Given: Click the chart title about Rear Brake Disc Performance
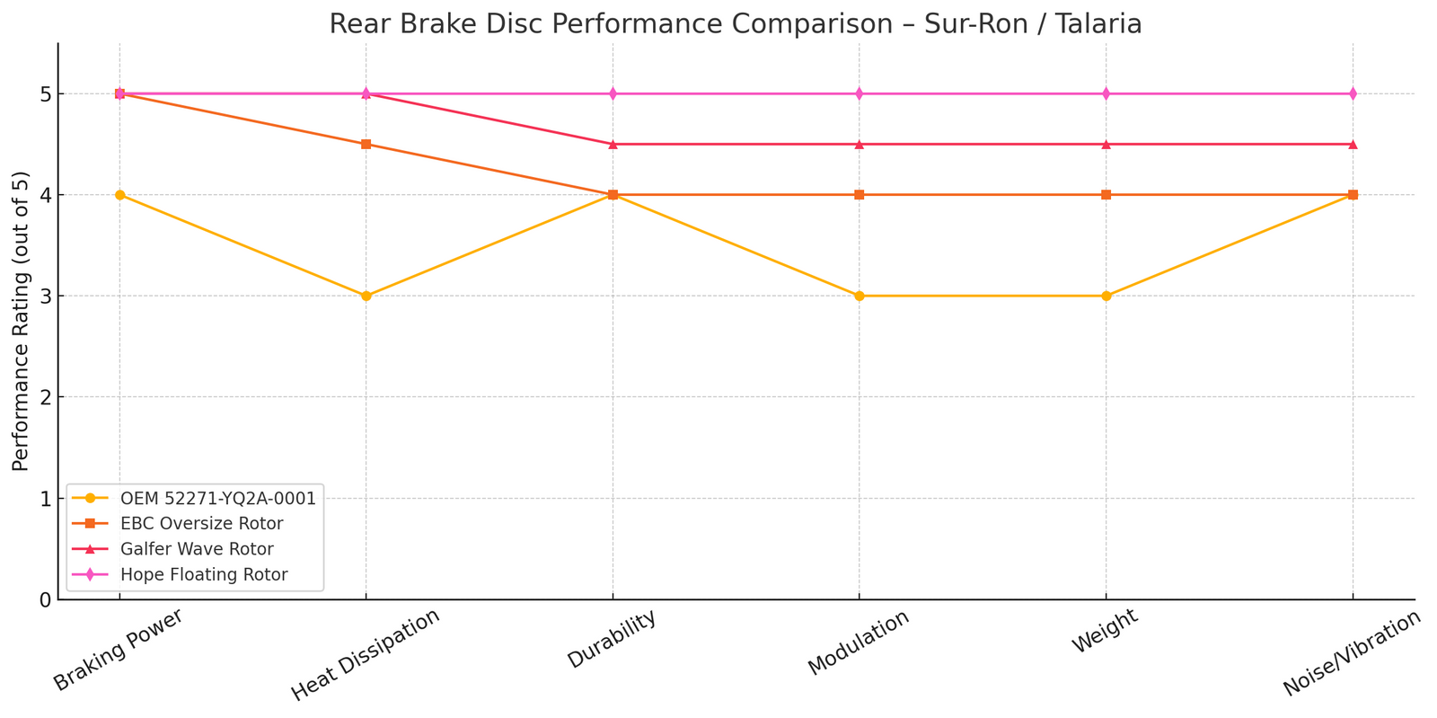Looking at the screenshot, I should [x=735, y=23].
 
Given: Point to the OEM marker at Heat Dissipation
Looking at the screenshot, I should [x=366, y=296].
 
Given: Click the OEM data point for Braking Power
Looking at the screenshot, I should [x=119, y=195].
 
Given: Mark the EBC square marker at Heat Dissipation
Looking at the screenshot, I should [x=366, y=144].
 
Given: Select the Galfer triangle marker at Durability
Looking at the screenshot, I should [x=613, y=144].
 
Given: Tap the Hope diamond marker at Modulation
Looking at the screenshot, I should [x=860, y=93].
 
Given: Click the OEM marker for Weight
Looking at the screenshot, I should [x=1106, y=296].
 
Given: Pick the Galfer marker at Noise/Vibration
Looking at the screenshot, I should [x=1353, y=144].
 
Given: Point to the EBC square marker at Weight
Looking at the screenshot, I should [x=1106, y=195].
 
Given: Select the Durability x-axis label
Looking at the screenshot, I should [x=612, y=639].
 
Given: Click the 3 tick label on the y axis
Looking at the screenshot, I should [x=42, y=297].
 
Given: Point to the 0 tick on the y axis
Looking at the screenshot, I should [x=42, y=599].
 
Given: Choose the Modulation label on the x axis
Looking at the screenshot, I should [x=859, y=642].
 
